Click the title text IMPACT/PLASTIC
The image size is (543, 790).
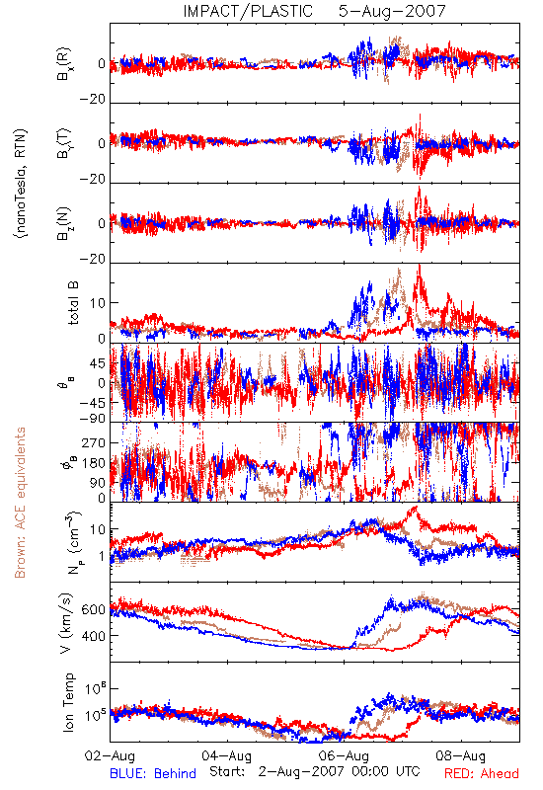pyautogui.click(x=248, y=11)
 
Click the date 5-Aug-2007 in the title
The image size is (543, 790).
pyautogui.click(x=392, y=11)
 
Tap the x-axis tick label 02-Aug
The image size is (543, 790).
pyautogui.click(x=110, y=755)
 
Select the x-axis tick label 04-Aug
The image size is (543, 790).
pyautogui.click(x=226, y=755)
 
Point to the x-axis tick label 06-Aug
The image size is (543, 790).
pyautogui.click(x=344, y=755)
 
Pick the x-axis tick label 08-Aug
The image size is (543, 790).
pyautogui.click(x=460, y=755)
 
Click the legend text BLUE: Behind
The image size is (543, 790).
pyautogui.click(x=153, y=773)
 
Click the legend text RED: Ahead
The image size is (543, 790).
pyautogui.click(x=481, y=773)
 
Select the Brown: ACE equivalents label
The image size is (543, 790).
pyautogui.click(x=19, y=503)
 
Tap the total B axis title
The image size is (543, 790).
pyautogui.click(x=73, y=303)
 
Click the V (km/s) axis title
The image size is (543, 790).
pyautogui.click(x=66, y=623)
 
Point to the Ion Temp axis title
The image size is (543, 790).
pyautogui.click(x=68, y=702)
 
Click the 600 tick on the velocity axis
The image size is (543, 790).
pyautogui.click(x=93, y=609)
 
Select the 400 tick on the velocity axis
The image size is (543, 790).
pyautogui.click(x=93, y=636)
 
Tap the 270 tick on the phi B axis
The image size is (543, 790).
pyautogui.click(x=94, y=442)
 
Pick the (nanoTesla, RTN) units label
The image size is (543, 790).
pyautogui.click(x=21, y=184)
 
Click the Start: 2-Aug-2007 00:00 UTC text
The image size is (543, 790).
pyautogui.click(x=315, y=772)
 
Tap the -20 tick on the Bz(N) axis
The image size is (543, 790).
pyautogui.click(x=93, y=259)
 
